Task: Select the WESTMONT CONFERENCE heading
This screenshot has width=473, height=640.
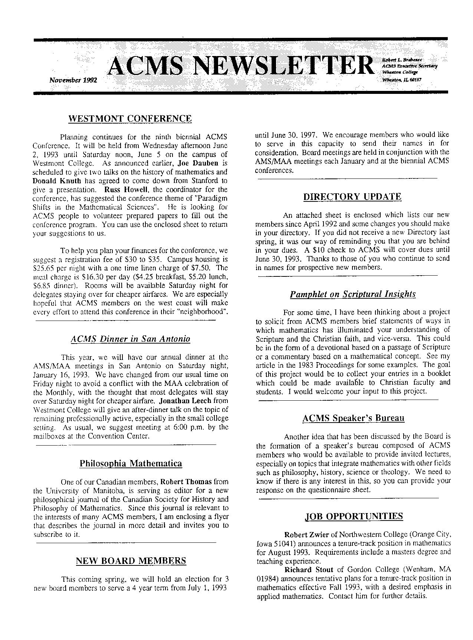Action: click(x=130, y=119)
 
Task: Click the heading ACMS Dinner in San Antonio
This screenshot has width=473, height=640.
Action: click(x=130, y=339)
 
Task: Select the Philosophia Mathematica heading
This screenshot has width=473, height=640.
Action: click(x=131, y=463)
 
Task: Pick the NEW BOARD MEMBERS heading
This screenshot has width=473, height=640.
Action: click(x=131, y=561)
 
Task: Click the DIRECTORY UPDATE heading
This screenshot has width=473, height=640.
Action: click(x=352, y=197)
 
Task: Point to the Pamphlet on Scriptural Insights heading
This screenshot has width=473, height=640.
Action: click(x=352, y=294)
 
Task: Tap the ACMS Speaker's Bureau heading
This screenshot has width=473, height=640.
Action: click(x=353, y=419)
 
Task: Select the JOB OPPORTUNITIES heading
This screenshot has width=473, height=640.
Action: click(x=354, y=516)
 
